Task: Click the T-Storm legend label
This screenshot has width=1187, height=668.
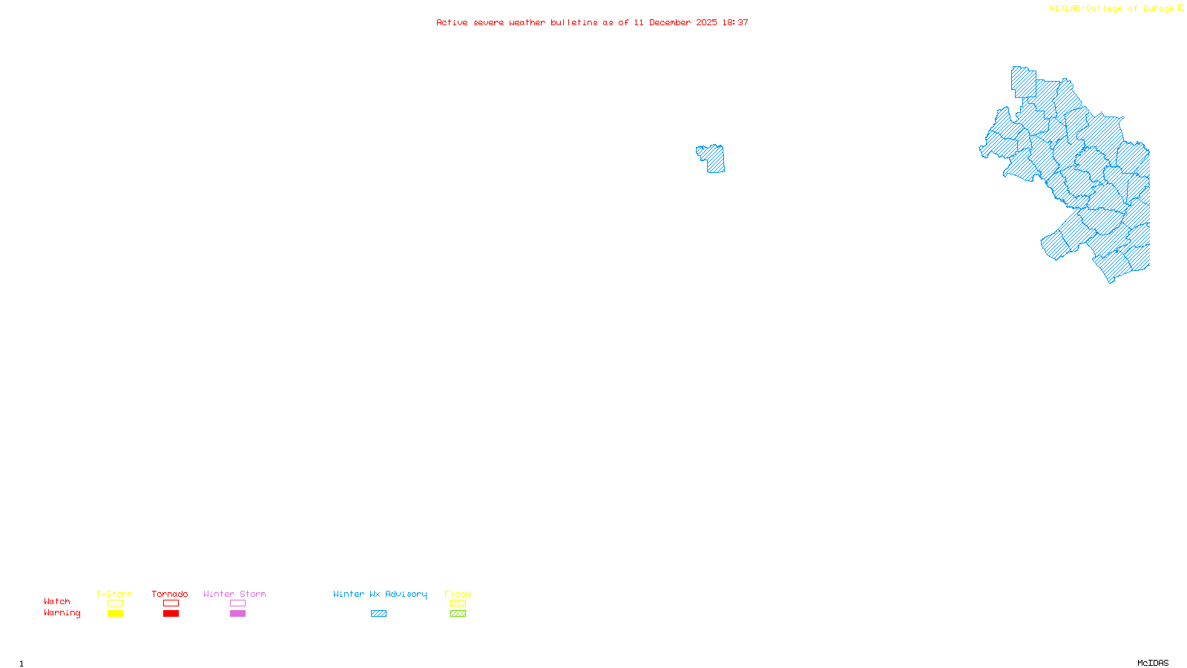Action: coord(114,594)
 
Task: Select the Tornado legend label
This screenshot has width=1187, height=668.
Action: coord(170,594)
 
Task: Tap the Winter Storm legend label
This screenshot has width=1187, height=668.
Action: coord(234,594)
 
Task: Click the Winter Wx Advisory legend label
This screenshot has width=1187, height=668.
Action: coord(380,594)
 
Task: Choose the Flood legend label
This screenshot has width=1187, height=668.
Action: coord(458,594)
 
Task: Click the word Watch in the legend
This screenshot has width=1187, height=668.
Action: coord(57,601)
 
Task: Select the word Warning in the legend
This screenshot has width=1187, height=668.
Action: coord(62,613)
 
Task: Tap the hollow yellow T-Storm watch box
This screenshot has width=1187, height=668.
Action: coord(115,603)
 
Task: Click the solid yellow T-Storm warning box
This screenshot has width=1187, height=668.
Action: coord(115,614)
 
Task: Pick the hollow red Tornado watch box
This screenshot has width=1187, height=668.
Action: coord(171,603)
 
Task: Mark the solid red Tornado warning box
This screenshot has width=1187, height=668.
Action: coord(171,614)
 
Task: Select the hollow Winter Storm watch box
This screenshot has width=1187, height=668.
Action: coord(237,603)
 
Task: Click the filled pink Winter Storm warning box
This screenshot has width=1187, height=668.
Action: coord(237,614)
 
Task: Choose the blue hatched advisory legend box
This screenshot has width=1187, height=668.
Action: coord(378,614)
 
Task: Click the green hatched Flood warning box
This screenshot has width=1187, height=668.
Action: coord(458,614)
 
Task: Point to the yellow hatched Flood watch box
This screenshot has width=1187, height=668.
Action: coord(458,603)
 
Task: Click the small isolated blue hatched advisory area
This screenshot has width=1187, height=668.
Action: coord(714,159)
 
